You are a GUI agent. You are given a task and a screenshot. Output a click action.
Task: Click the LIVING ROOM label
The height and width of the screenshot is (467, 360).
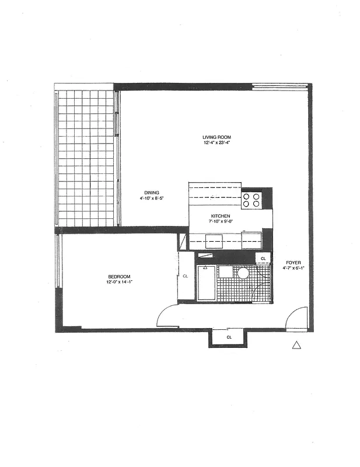click(209, 137)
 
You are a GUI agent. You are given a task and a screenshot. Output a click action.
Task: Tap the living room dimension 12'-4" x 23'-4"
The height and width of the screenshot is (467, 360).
click(209, 143)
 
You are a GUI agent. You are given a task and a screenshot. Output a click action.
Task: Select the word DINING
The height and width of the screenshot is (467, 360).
click(152, 193)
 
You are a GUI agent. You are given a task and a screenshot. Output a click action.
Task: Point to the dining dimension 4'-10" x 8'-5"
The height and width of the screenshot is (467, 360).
click(152, 199)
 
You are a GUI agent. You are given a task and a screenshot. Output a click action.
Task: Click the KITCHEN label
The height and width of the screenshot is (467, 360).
click(221, 215)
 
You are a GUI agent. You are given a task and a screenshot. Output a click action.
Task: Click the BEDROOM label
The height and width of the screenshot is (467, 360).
click(118, 277)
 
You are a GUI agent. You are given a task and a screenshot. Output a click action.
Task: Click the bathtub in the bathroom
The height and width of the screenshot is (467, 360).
click(206, 283)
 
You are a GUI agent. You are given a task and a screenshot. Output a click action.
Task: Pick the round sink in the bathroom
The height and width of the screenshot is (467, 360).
click(243, 273)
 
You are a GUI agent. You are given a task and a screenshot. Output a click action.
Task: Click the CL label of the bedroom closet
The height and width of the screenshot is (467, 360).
click(185, 276)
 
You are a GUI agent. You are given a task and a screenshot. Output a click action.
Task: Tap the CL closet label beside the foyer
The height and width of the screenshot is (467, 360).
click(263, 258)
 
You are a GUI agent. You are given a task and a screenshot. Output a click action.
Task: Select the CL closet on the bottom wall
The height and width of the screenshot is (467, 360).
click(229, 337)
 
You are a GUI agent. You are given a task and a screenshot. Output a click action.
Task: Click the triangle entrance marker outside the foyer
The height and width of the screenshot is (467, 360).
click(296, 346)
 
